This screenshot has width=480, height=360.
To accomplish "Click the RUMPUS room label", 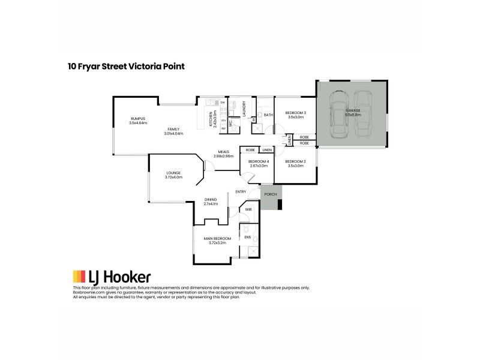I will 138,119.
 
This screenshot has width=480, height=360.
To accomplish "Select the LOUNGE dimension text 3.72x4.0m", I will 173,178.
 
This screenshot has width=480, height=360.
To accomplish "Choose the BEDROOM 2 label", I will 296,161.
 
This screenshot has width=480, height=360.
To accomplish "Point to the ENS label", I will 247,237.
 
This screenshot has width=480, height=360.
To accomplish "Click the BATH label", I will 268,115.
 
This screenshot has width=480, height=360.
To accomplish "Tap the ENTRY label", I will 241,191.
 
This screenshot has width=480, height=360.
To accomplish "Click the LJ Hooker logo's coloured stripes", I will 79,277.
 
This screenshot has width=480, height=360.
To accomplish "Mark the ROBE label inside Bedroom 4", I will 249,149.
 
